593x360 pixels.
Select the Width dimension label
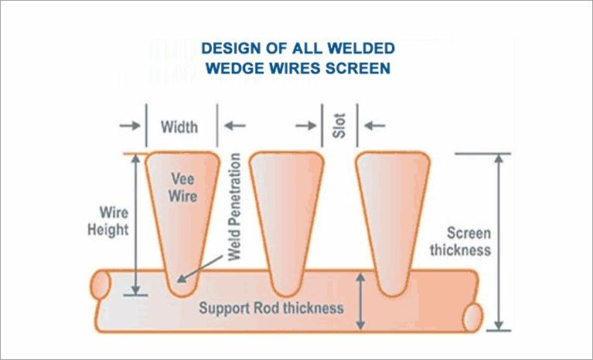point(179,127)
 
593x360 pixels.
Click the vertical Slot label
point(339,126)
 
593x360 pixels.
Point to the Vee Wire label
point(183,186)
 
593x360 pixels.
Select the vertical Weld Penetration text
point(236,206)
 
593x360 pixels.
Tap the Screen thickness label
point(460,241)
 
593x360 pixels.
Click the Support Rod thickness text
point(271,308)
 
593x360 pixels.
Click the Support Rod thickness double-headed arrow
point(360,302)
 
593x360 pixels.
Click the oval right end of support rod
point(474,316)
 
